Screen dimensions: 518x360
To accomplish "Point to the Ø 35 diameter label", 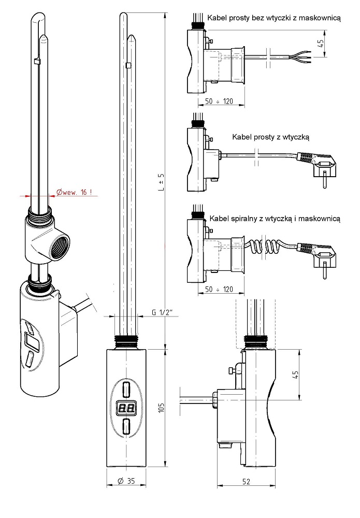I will [126, 481].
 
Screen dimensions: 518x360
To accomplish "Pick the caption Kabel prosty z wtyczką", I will [271, 137].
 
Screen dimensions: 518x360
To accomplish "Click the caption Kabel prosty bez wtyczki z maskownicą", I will [273, 18].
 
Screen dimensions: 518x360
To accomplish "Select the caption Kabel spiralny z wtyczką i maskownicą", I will [275, 219].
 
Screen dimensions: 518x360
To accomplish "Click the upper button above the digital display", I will [126, 388].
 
